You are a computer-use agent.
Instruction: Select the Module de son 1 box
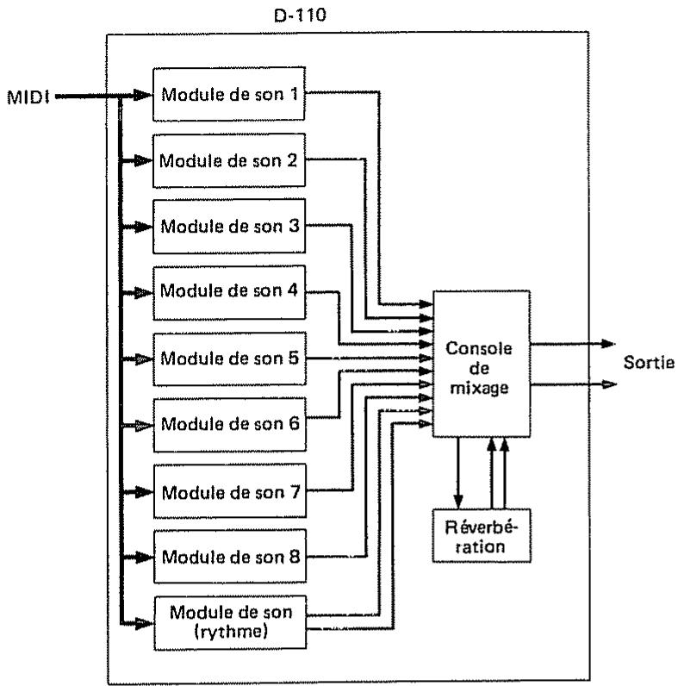coord(229,92)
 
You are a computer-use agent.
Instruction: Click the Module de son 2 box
coord(229,159)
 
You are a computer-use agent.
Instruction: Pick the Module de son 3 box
coord(229,226)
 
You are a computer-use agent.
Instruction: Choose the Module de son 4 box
coord(229,292)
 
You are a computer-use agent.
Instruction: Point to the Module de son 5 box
coord(229,357)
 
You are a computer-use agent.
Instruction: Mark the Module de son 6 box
coord(229,424)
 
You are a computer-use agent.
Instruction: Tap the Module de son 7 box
coord(229,491)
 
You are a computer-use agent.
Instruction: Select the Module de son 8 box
coord(229,558)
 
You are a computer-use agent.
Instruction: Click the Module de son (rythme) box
coord(229,621)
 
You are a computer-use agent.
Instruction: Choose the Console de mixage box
coord(481,364)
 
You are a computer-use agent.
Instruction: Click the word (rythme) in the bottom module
coord(229,630)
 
